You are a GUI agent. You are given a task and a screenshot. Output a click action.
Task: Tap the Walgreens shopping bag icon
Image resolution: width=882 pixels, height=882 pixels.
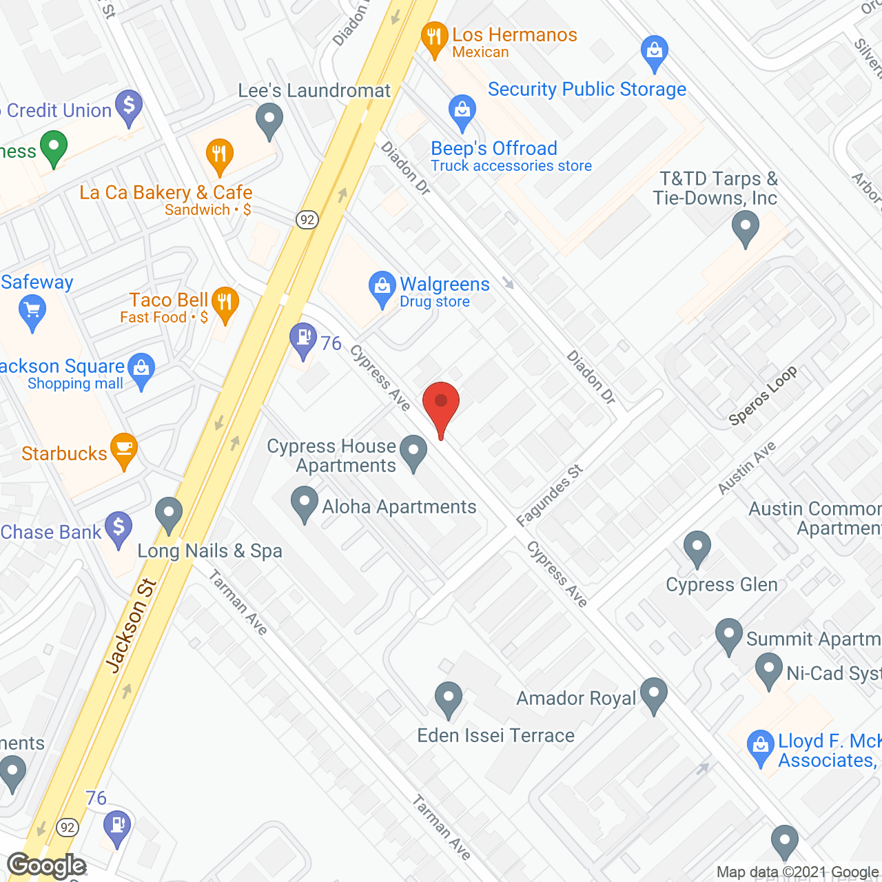point(381,288)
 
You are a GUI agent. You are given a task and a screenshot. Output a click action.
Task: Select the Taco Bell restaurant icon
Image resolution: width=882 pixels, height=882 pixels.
point(225,303)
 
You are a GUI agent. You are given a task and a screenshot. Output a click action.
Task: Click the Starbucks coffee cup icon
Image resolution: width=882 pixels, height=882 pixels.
point(124,450)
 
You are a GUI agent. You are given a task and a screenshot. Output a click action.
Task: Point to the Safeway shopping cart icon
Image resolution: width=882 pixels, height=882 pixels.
point(32,311)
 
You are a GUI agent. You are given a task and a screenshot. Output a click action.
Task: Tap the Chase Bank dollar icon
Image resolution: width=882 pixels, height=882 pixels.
point(119,529)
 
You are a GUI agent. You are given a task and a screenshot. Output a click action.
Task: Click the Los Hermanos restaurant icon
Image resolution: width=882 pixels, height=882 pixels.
point(434,39)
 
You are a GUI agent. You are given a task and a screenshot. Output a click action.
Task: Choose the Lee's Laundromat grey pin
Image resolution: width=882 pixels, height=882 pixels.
point(269,120)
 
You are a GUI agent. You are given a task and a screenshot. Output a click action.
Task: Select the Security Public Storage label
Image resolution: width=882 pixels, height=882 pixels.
point(586,90)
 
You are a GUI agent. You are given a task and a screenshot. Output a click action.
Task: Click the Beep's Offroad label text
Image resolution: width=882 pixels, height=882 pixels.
point(493,149)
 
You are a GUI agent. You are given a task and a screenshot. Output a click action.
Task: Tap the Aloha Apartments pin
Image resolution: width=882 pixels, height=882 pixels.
point(304,503)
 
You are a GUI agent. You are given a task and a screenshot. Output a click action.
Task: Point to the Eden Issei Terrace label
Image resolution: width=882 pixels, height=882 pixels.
point(495,736)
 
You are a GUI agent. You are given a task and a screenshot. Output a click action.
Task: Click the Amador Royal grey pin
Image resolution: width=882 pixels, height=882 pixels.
point(653,694)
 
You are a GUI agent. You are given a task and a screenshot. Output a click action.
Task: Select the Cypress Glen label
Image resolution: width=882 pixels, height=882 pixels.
point(721,585)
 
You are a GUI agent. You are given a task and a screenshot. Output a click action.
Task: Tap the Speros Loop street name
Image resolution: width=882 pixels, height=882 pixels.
point(763,396)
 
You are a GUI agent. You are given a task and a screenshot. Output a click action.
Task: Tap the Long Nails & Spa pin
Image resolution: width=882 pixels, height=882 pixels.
point(169,514)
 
